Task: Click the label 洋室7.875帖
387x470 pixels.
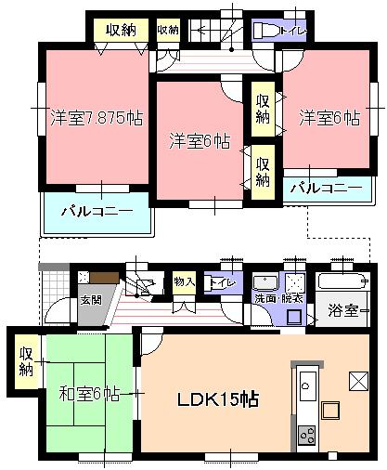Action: coord(97,119)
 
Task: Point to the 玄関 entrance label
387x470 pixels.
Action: coord(90,300)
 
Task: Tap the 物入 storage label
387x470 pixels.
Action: coord(183,281)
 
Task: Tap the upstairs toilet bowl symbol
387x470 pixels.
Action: coord(264,31)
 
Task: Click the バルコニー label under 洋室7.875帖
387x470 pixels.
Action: coord(97,210)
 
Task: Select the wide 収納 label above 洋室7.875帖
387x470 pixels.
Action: coord(121,30)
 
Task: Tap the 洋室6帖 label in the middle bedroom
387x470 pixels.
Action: coord(200,141)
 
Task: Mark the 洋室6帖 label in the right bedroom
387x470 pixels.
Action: coord(329,119)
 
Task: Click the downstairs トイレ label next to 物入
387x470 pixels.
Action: coord(223,282)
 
